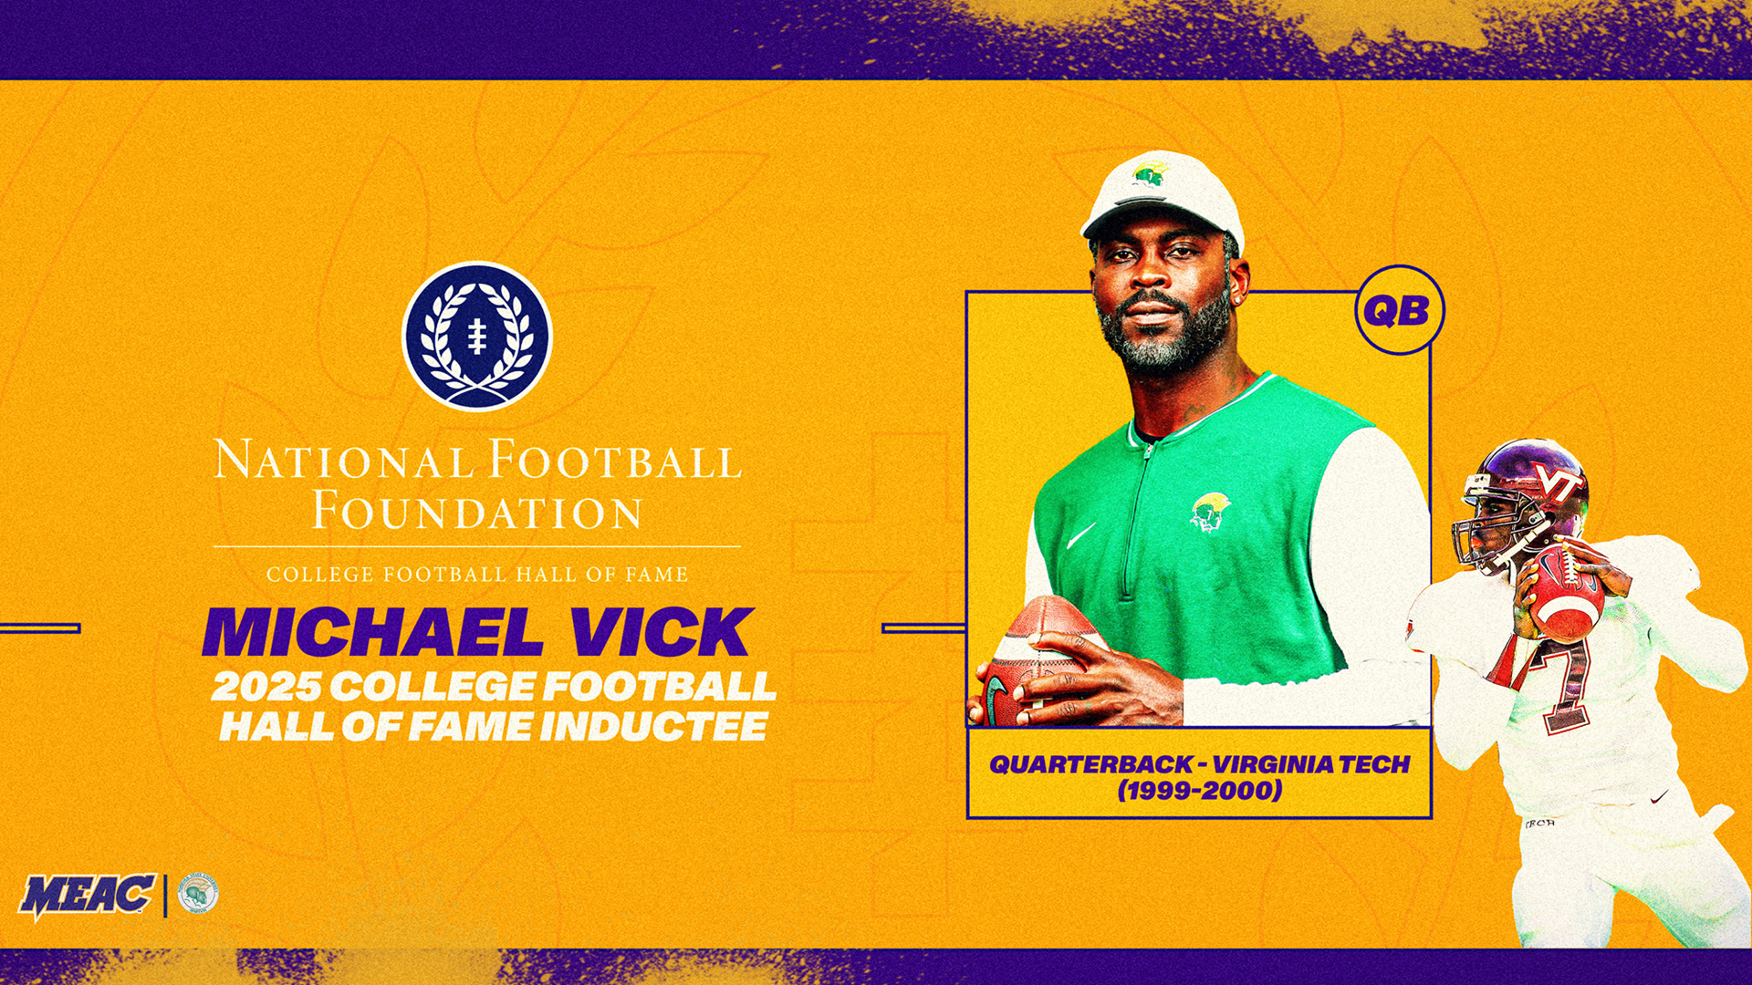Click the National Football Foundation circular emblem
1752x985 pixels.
477,336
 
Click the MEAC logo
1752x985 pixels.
88,895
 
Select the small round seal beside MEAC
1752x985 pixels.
197,894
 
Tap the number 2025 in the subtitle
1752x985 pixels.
265,686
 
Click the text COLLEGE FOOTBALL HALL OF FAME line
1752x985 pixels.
477,575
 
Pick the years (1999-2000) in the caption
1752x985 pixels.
1199,790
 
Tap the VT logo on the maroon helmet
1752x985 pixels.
1557,480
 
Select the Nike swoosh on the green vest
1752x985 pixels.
1080,536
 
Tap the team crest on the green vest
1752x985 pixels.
1210,511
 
